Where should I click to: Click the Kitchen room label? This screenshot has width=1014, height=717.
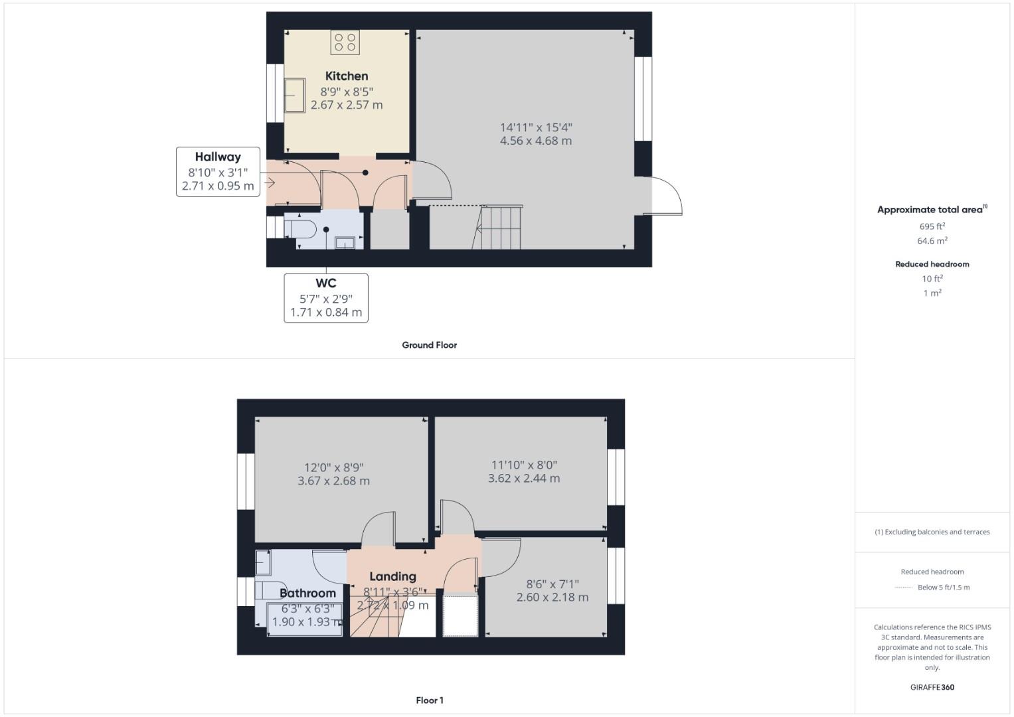point(346,76)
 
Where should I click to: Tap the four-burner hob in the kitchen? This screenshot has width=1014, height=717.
point(345,42)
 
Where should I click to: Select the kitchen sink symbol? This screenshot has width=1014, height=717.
point(295,96)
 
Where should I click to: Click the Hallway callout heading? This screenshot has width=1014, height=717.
point(218,157)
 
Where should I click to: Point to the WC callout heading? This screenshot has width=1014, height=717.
point(325,283)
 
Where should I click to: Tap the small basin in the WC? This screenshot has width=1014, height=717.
point(345,243)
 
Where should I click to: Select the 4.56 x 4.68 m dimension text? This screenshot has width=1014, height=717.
point(535,141)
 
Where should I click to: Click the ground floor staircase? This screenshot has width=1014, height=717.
point(497,228)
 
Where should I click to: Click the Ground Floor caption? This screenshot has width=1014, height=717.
point(429,345)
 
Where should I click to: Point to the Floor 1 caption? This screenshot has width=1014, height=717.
point(429,700)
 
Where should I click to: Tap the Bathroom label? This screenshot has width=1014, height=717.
point(307,593)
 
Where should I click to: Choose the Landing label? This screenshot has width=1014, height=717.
point(392,576)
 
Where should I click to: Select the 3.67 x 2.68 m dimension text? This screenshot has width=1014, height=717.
point(333,481)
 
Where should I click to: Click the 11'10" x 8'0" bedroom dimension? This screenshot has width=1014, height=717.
point(523,465)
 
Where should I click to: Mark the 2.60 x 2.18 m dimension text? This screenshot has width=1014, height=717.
point(552,597)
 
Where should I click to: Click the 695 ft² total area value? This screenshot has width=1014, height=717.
point(932,226)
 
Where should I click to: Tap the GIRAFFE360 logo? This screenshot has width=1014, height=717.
point(932,687)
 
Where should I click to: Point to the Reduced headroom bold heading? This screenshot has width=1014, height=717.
point(932,264)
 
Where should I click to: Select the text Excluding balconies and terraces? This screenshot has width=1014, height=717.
point(936,532)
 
